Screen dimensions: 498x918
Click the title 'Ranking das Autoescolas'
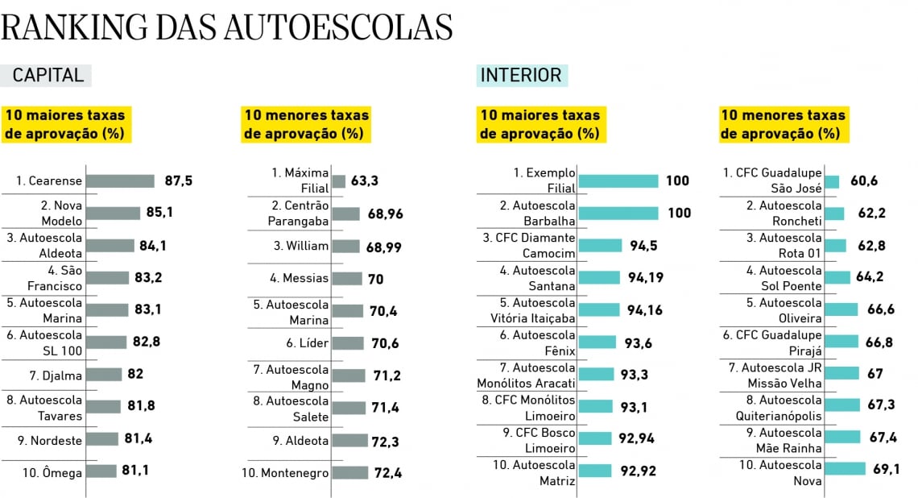coord(227,27)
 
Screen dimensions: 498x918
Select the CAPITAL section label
coord(48,76)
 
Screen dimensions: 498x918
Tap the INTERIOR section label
coord(520,76)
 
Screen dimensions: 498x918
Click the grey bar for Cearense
coord(120,181)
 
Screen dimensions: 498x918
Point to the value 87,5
coord(179,181)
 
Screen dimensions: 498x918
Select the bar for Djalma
coord(104,375)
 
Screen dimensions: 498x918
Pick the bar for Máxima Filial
coord(338,181)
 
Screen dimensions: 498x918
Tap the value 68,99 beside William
coord(383,246)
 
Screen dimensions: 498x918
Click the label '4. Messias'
coord(300,278)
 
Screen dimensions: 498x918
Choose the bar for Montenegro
coord(349,473)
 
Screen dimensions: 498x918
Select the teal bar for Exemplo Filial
coord(618,181)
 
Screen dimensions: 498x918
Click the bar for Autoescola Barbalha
coord(618,214)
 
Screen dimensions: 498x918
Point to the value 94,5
coord(643,245)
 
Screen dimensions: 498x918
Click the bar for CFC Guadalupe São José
coord(832,182)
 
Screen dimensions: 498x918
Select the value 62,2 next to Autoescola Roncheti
coord(867,214)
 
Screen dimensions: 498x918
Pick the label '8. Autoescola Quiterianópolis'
coord(778,408)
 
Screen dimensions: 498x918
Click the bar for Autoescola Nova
coord(845,469)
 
